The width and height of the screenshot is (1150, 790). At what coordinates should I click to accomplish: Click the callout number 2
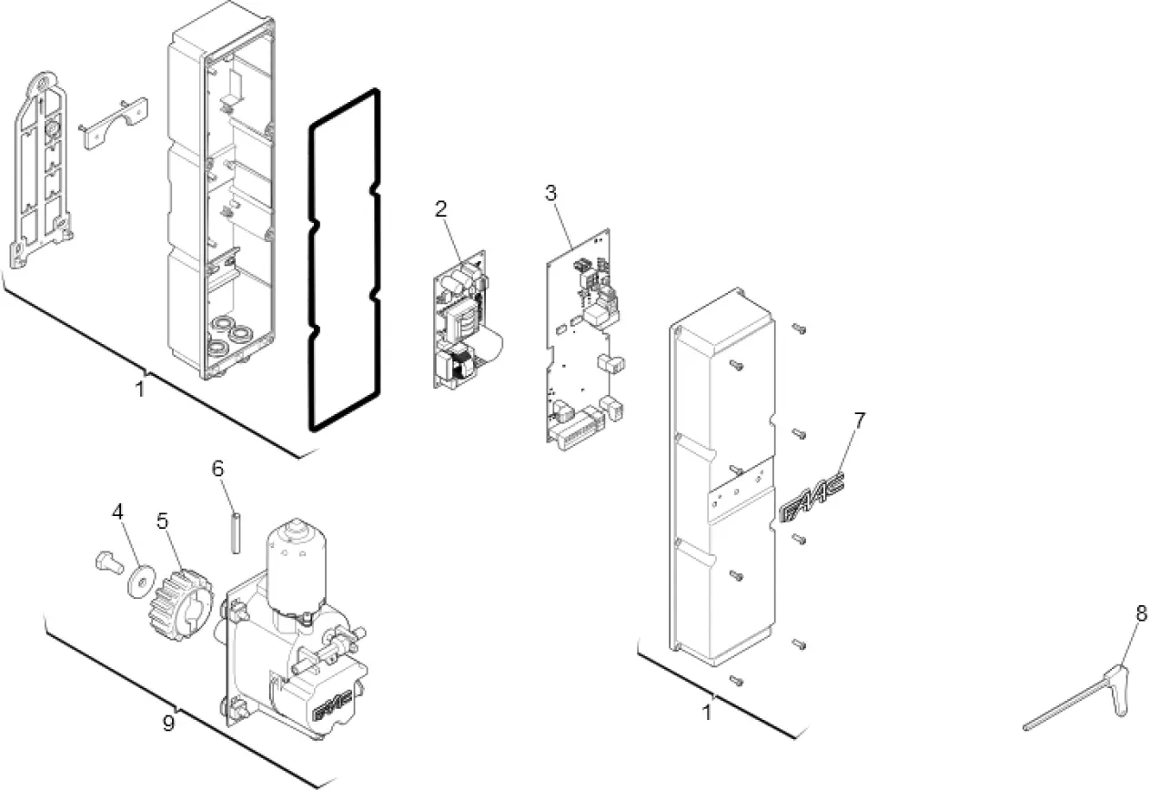coord(441,208)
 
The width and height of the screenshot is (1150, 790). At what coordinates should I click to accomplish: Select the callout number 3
coord(551,193)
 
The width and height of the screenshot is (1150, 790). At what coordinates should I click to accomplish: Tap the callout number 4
coord(118,512)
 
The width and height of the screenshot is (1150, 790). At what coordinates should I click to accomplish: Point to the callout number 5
coord(162,522)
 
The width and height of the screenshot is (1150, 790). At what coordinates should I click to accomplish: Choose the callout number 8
coord(1141,613)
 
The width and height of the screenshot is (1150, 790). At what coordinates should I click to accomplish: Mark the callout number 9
coord(168,724)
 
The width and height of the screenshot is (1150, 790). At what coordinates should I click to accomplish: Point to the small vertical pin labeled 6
coord(235,532)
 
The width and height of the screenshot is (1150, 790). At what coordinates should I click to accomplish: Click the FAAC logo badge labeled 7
coord(812,497)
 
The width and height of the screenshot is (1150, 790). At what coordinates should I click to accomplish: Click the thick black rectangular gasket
coord(344,259)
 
